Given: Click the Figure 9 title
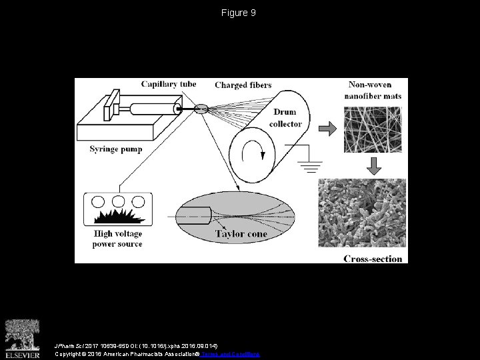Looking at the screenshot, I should tap(238, 13).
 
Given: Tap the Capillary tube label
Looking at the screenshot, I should tap(169, 84).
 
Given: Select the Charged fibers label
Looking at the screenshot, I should tap(243, 85).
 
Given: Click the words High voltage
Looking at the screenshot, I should tap(117, 234).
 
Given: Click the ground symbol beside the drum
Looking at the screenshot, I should tap(307, 163).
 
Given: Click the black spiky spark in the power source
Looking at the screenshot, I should tap(117, 217).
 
